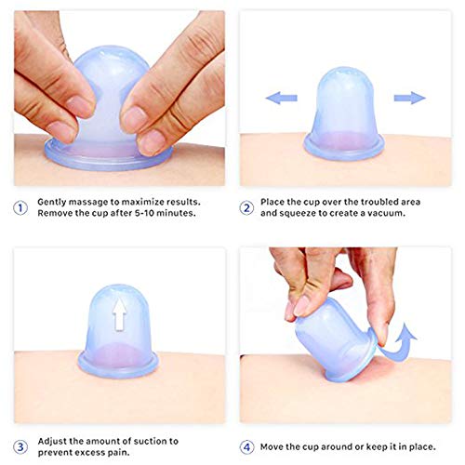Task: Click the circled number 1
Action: coord(20,206)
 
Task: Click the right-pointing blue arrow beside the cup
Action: coord(408,98)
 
